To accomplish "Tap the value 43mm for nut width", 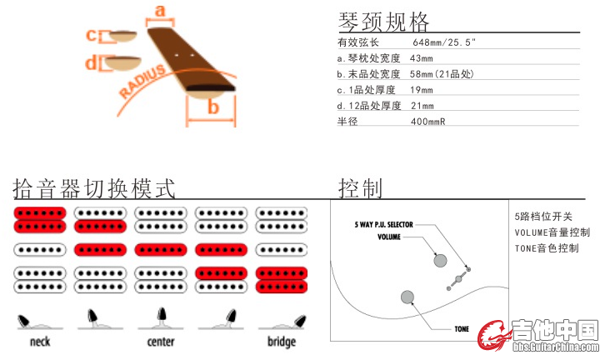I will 422,58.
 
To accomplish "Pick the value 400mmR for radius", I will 428,122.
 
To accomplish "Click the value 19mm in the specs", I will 422,90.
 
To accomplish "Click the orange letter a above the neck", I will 161,11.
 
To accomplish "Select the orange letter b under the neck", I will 212,107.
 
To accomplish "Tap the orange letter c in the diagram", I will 92,35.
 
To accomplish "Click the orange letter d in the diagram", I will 92,62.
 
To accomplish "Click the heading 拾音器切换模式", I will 94,188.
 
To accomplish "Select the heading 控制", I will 360,188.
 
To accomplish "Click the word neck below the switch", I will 39,342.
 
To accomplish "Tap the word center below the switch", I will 160,342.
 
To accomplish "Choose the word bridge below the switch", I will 281,342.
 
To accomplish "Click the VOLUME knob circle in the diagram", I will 440,260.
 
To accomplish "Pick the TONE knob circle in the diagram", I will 407,297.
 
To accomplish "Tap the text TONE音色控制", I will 546,248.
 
